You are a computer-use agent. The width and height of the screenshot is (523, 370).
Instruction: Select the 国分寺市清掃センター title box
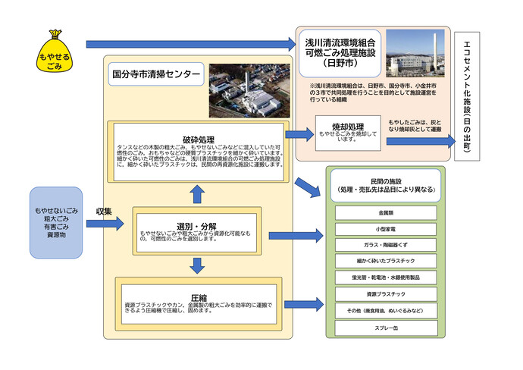[x=155, y=74]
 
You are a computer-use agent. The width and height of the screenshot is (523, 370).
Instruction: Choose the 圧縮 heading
[x=199, y=299]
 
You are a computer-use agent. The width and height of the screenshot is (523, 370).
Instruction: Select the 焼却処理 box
[x=348, y=130]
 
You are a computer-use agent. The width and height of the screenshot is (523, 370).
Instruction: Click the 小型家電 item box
[x=385, y=229]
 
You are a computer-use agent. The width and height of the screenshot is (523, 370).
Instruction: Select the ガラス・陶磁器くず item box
[x=385, y=245]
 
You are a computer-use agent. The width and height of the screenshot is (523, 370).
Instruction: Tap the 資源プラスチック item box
[x=385, y=293]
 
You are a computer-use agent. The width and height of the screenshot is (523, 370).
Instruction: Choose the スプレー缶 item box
[x=385, y=326]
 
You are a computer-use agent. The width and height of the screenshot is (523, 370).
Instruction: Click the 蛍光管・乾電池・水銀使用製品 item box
[x=385, y=277]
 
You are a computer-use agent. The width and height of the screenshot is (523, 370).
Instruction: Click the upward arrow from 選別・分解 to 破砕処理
[x=197, y=194]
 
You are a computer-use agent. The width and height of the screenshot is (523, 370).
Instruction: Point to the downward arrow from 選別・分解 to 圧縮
[x=197, y=265]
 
